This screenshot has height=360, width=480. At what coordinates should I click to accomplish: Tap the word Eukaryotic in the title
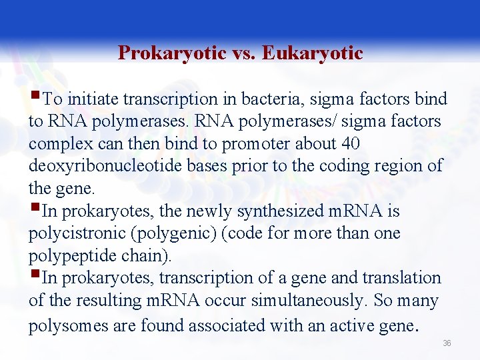[313, 53]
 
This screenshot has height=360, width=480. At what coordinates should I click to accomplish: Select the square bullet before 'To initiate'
[35, 97]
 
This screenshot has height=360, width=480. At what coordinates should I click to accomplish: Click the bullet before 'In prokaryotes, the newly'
[35, 209]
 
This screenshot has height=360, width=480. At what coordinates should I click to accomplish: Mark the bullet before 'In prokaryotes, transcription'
[35, 276]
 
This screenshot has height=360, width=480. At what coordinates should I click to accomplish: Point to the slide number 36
[447, 343]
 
